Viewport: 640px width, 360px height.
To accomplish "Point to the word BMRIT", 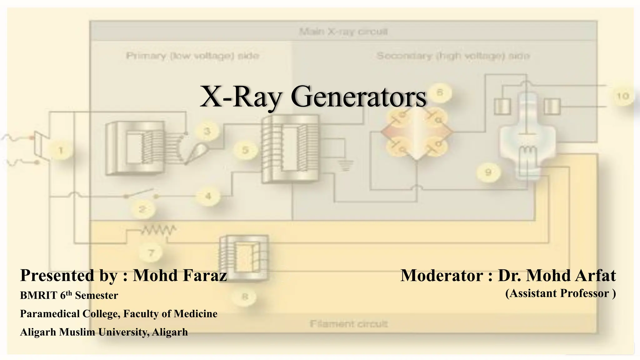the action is tap(38, 295).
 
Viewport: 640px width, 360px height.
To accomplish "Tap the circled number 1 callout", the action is tap(61, 151).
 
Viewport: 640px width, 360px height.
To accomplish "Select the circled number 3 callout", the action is tap(207, 131).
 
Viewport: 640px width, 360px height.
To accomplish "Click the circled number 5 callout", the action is tap(245, 150).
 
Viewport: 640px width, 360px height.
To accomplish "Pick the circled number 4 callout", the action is tap(208, 196).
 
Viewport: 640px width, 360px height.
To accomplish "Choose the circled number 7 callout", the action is tap(151, 252).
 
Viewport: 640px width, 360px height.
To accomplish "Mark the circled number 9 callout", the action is tap(488, 172).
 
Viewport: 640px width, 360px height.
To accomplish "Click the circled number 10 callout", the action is tap(622, 96).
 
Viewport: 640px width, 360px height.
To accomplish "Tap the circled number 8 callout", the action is tap(245, 297).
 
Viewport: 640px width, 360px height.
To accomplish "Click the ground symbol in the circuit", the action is tap(346, 165).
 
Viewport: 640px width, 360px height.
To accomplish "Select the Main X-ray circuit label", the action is tap(343, 32).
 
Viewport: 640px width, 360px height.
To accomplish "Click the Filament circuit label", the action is tap(349, 324).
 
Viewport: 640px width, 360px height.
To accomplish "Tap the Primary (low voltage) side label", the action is tap(192, 56).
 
